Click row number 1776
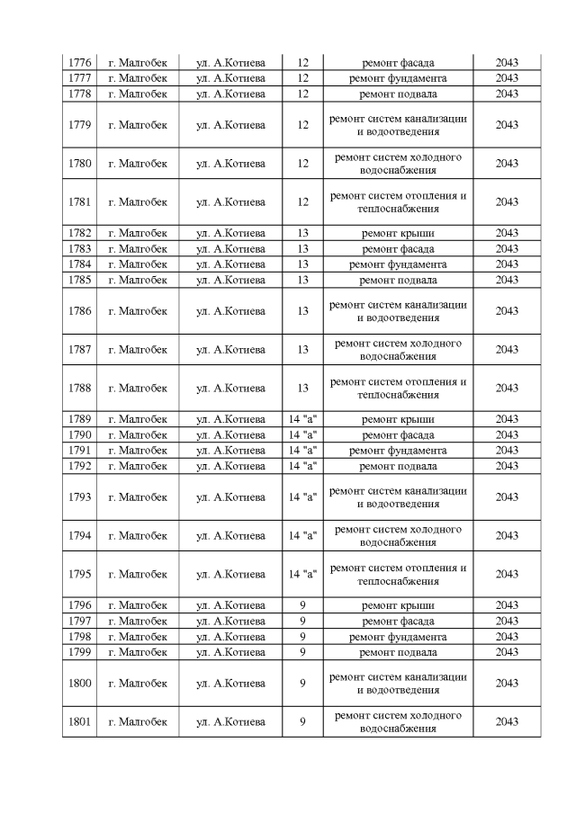click(x=79, y=63)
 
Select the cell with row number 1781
click(x=79, y=202)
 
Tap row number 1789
click(x=79, y=419)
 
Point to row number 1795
click(x=79, y=574)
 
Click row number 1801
click(x=79, y=721)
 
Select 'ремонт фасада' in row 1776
click(x=398, y=63)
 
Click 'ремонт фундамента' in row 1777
click(x=398, y=78)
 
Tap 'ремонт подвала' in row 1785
click(x=398, y=280)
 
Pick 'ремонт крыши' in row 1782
click(x=398, y=233)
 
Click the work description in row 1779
click(x=398, y=125)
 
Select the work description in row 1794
click(x=398, y=535)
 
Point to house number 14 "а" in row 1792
click(x=302, y=466)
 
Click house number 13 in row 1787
click(x=302, y=350)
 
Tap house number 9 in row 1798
click(x=302, y=637)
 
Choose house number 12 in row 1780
click(x=302, y=164)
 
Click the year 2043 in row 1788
click(x=507, y=389)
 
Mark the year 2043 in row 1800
click(x=507, y=683)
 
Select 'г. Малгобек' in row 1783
click(x=138, y=248)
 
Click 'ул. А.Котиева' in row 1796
click(x=230, y=605)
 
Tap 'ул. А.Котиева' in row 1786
click(x=230, y=311)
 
